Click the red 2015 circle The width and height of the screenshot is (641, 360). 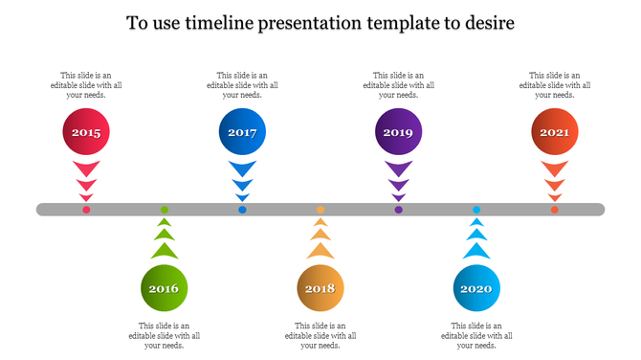tap(86, 133)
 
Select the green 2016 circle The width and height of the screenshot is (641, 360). tap(165, 287)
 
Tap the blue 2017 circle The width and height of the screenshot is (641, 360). tap(242, 133)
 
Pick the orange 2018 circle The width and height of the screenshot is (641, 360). tap(320, 287)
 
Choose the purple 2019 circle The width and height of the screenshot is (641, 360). tap(398, 133)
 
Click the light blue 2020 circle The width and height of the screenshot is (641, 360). tap(476, 287)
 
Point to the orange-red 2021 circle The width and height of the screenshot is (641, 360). tap(555, 133)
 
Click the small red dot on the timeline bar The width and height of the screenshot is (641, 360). tap(86, 210)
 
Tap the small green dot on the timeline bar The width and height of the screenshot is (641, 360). tap(165, 209)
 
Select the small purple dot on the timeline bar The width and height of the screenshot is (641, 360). tap(398, 210)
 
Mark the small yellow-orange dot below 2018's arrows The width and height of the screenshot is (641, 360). tap(320, 209)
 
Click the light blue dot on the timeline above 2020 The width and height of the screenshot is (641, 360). tap(476, 209)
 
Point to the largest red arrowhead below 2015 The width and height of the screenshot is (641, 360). tap(86, 169)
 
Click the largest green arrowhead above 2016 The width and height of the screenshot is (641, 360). tap(165, 250)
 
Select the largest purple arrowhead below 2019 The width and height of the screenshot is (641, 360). tap(398, 169)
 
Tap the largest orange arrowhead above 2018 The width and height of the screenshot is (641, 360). tap(320, 250)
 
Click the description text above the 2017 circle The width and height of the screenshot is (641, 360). tap(242, 85)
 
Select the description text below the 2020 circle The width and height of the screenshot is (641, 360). tap(476, 335)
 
